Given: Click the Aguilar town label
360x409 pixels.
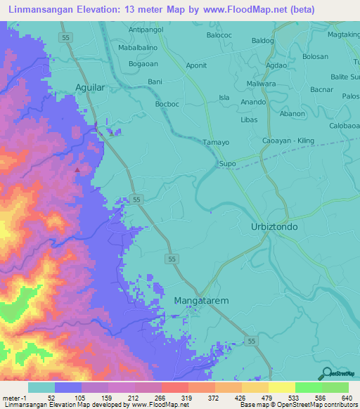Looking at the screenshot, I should (x=90, y=88).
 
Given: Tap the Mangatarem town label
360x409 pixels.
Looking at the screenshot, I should (x=201, y=300).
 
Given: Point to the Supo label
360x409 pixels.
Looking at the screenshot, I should (x=227, y=164).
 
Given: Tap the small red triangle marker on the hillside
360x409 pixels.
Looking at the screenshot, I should (x=77, y=169).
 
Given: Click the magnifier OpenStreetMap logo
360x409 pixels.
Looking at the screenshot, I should (x=325, y=374).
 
